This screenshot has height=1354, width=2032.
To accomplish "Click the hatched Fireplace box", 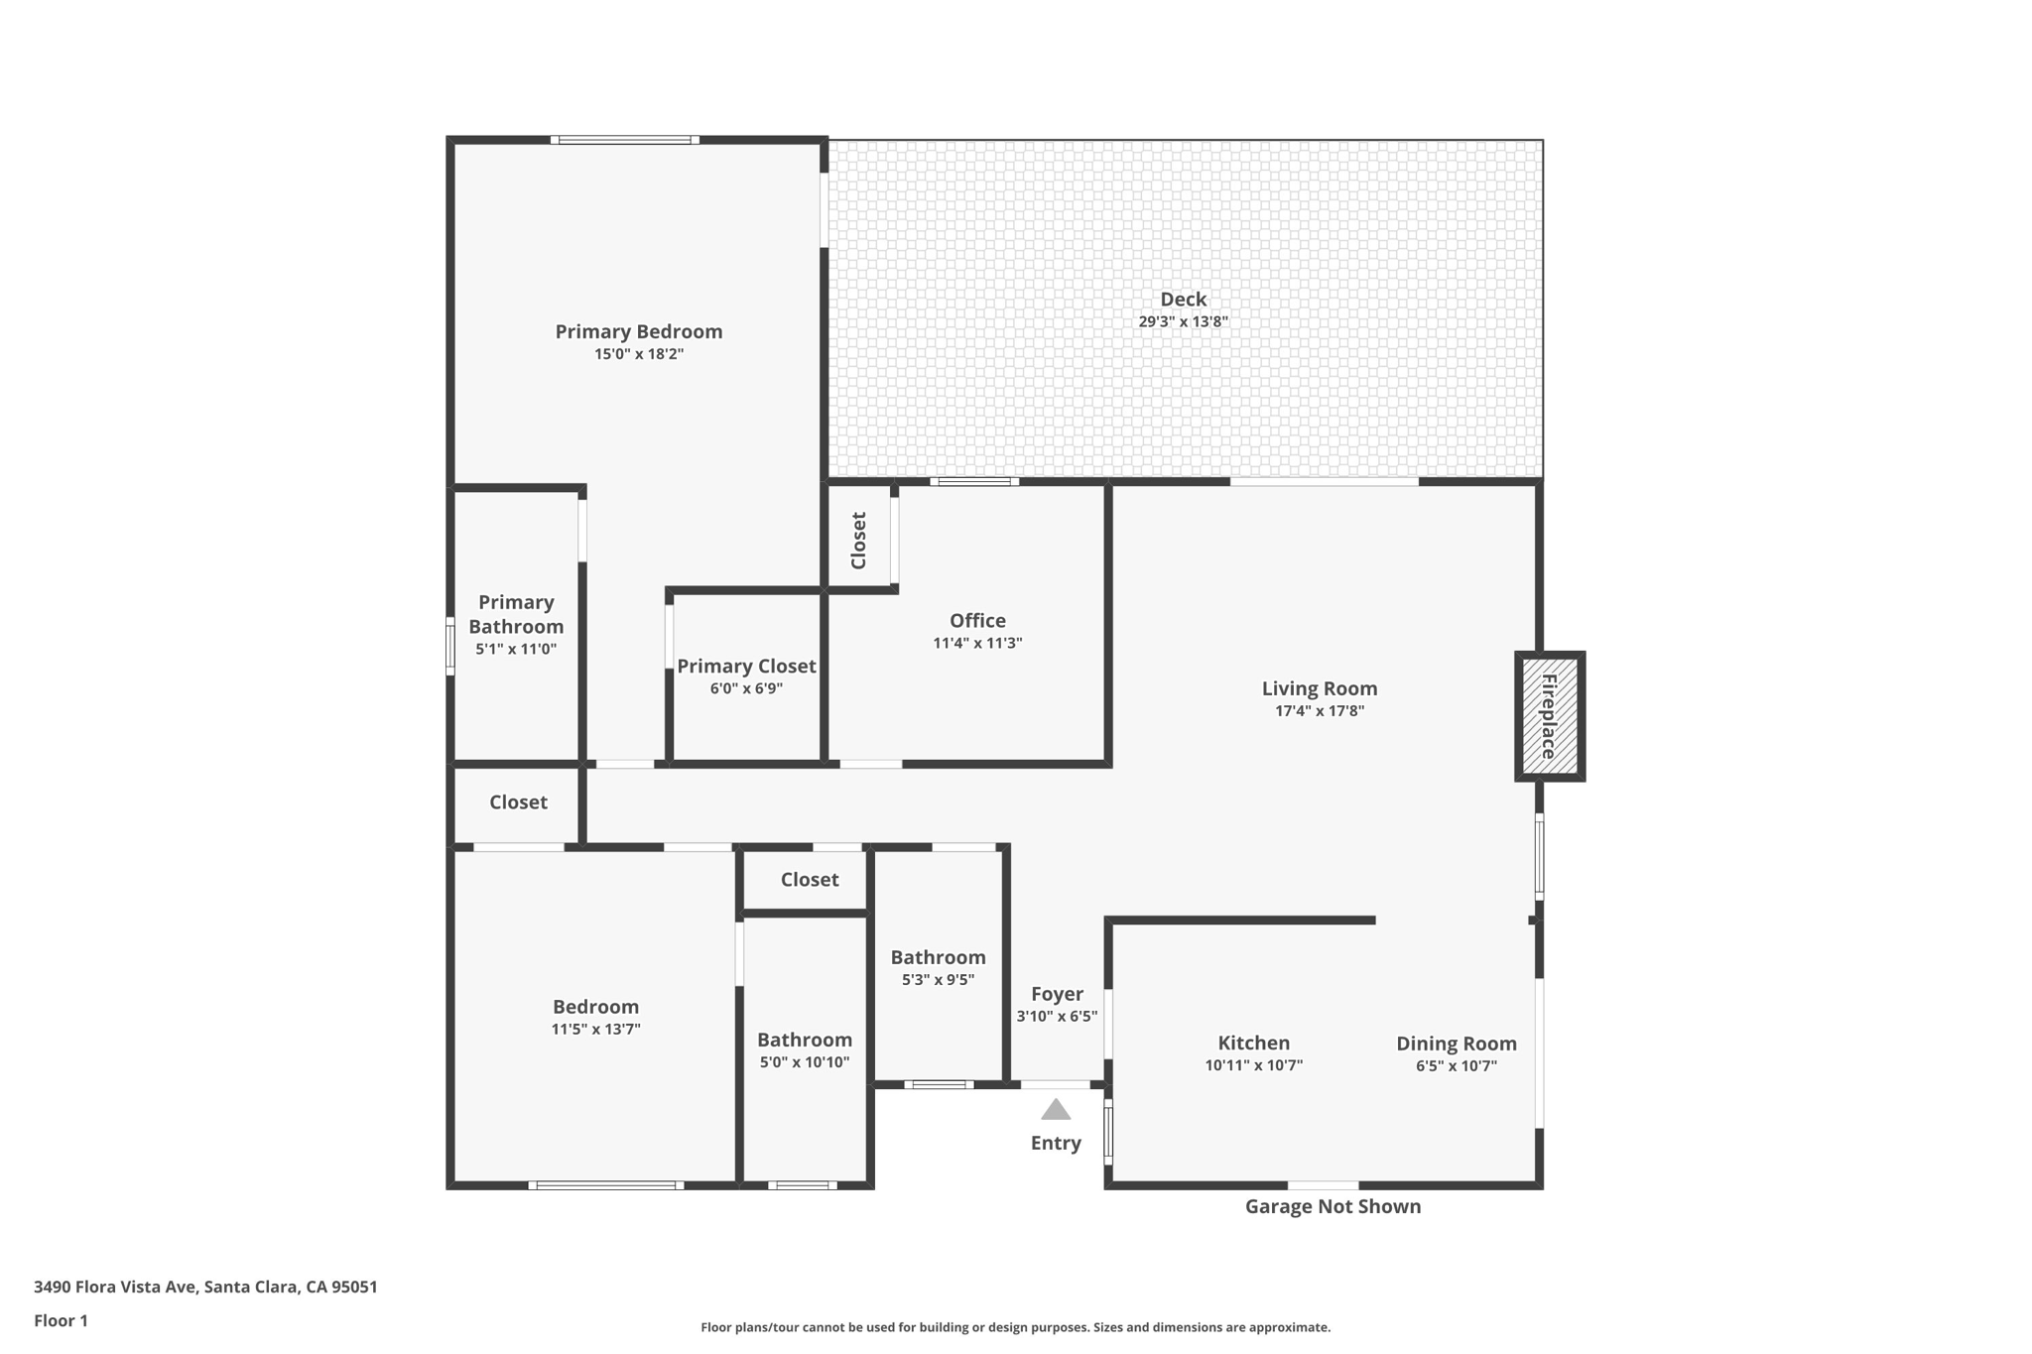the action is pos(1549,716).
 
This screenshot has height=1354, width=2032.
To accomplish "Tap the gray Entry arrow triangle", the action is pos(1056,1109).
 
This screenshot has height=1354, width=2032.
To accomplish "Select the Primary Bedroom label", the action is pos(639,331).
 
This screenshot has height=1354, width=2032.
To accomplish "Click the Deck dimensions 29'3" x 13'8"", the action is pos(1184,321).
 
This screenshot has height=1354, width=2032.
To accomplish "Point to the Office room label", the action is pos(977,620).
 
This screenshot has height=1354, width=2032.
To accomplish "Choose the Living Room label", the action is pos(1320,688).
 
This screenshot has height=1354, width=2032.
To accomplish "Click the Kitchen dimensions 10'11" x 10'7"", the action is pos(1254,1065).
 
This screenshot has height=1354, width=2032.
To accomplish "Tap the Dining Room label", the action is pos(1457,1044).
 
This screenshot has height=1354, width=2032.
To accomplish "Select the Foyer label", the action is pos(1057,994).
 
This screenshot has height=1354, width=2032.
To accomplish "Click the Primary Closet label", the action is pos(746,667).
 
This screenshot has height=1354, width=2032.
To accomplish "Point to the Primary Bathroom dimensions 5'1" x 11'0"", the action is pos(516,649).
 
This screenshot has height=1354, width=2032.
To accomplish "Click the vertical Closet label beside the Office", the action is pos(859,541).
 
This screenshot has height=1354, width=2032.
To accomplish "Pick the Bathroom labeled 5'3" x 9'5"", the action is pos(938,957).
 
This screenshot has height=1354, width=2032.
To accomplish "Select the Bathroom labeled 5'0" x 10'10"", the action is pos(805,1040).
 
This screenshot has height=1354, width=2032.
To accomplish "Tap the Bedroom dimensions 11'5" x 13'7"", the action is pos(596,1029).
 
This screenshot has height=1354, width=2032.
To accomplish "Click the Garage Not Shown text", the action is pos(1333,1206).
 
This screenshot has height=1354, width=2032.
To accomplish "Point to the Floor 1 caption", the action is pos(61,1320).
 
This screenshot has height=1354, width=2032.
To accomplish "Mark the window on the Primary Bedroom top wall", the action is pos(625,140).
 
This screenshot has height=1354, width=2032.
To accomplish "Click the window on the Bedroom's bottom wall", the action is pos(606,1185).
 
